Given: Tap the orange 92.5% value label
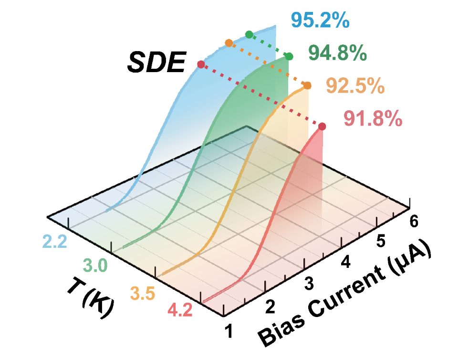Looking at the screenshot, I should tap(355, 86).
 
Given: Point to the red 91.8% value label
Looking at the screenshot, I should tap(373, 119).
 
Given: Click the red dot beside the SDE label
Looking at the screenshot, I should tap(201, 64).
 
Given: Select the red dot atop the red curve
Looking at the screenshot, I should tap(322, 127).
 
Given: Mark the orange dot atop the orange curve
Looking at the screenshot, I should tap(307, 85).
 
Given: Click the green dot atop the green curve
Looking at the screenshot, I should tap(289, 57).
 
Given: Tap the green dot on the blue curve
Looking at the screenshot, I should tap(249, 34).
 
